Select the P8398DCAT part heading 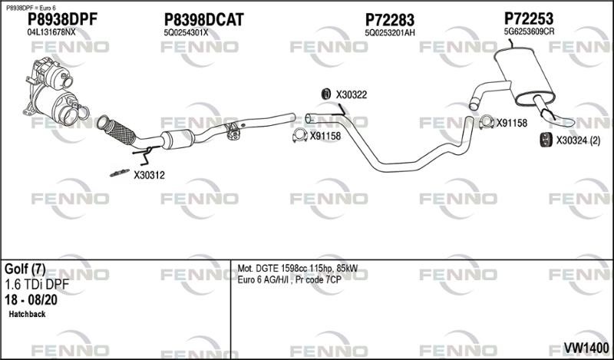pyautogui.click(x=203, y=20)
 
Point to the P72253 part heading pyautogui.click(x=529, y=18)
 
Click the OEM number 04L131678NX pyautogui.click(x=51, y=32)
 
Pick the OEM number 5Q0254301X pyautogui.click(x=186, y=32)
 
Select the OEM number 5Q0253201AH pyautogui.click(x=390, y=32)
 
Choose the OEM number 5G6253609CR pyautogui.click(x=529, y=31)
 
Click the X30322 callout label pyautogui.click(x=352, y=94)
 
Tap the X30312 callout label pyautogui.click(x=149, y=175)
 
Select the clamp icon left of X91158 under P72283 pyautogui.click(x=298, y=137)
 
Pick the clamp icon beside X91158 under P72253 pyautogui.click(x=485, y=121)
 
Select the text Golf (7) pyautogui.click(x=25, y=269)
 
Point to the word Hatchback pyautogui.click(x=28, y=315)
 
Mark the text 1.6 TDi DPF pyautogui.click(x=36, y=285)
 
